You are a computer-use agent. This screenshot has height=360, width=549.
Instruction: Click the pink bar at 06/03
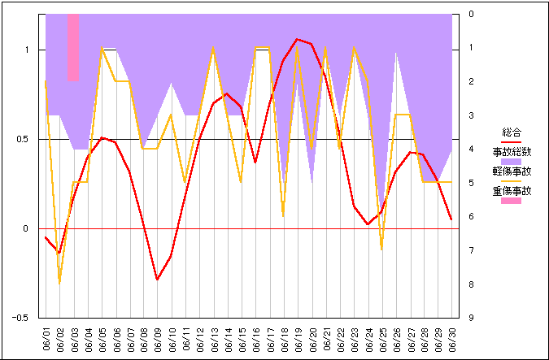tap(73, 47)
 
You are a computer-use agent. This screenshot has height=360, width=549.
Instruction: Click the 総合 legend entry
tap(512, 132)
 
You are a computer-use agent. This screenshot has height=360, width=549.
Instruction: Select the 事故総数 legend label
tap(512, 151)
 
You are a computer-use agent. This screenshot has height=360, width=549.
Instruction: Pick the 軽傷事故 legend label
tap(512, 171)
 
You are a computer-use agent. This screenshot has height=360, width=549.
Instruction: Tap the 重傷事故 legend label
tap(512, 191)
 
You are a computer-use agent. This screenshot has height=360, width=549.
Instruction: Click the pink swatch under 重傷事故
tap(512, 201)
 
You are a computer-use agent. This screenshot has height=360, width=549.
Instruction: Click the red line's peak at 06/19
tap(298, 39)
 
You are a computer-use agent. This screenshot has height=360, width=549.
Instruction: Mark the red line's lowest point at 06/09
tap(158, 280)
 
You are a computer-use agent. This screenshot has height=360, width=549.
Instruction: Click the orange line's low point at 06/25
tap(381, 249)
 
